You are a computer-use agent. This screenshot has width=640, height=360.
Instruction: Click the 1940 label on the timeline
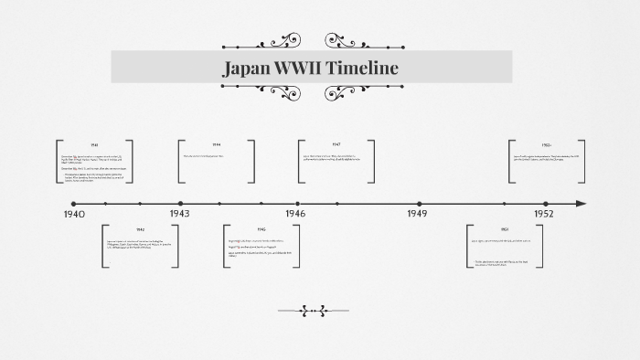click(74, 214)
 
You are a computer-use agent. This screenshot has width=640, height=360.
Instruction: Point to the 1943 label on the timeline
click(179, 214)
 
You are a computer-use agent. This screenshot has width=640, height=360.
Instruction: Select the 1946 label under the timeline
click(293, 214)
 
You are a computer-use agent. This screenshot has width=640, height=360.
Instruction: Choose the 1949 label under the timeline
click(418, 214)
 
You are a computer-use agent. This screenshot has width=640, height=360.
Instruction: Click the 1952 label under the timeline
click(544, 214)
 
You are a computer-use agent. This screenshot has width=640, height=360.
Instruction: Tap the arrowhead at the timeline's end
click(581, 204)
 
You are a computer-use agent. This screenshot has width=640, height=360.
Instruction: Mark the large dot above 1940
click(74, 204)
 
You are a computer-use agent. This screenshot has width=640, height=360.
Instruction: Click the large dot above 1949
click(420, 204)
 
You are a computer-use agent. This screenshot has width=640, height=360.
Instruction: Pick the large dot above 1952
click(546, 204)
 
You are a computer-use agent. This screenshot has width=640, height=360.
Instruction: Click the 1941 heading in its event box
click(94, 145)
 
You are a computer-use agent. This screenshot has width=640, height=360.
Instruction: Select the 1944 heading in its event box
click(217, 145)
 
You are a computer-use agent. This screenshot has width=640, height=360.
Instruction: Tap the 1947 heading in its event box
click(336, 145)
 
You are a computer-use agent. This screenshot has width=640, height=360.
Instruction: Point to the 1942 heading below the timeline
click(140, 229)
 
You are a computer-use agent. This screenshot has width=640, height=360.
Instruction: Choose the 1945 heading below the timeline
click(261, 229)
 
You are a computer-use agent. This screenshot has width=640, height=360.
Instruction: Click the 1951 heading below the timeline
click(504, 229)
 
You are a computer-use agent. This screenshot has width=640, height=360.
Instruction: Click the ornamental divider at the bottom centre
click(313, 311)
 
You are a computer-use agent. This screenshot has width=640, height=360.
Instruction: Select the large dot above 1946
click(297, 204)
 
